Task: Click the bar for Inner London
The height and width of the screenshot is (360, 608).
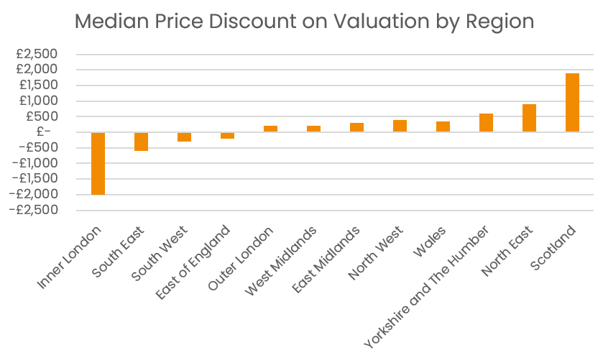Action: coord(98,163)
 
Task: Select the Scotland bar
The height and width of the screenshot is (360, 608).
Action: coord(572,102)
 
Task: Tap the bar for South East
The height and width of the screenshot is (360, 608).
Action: coord(141,142)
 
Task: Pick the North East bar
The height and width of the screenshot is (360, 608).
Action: coord(529,118)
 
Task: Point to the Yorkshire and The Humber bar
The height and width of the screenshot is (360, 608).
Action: coord(486,123)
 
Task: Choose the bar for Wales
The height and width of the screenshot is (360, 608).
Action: coord(443,126)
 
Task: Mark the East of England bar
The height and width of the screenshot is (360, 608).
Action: coord(227,135)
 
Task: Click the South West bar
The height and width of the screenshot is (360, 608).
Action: coord(184,137)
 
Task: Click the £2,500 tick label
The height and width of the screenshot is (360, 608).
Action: coord(37,55)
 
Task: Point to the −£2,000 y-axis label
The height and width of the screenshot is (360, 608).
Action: coord(34,194)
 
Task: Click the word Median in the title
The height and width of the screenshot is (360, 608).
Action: coord(110,22)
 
